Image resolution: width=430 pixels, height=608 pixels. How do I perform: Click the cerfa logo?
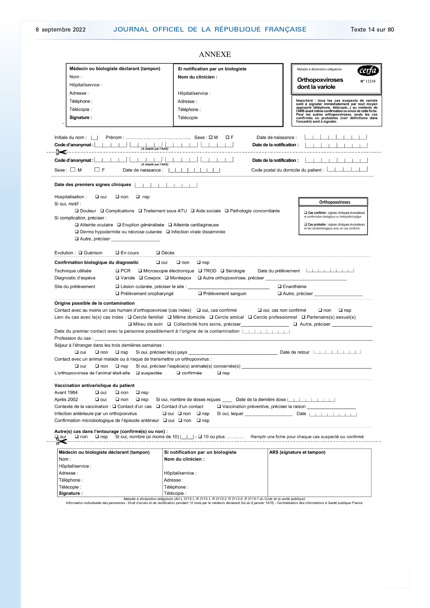pyautogui.click(x=368, y=71)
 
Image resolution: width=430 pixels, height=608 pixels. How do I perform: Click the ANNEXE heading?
pyautogui.click(x=215, y=54)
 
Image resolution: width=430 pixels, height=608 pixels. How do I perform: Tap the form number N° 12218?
pyautogui.click(x=368, y=81)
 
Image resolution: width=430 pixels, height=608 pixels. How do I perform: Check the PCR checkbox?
pyautogui.click(x=117, y=271)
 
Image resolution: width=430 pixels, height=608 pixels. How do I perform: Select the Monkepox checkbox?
pyautogui.click(x=167, y=278)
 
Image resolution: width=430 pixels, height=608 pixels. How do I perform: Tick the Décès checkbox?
pyautogui.click(x=158, y=253)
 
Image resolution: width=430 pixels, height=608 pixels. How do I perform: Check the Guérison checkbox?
pyautogui.click(x=80, y=253)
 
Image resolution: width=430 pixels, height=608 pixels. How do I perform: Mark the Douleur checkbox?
pyautogui.click(x=77, y=211)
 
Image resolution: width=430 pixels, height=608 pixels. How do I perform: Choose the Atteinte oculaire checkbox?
pyautogui.click(x=77, y=225)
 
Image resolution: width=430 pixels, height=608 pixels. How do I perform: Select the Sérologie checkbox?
pyautogui.click(x=222, y=271)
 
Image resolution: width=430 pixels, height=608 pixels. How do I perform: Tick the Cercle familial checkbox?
pyautogui.click(x=130, y=317)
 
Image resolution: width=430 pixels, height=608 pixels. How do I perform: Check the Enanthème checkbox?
pyautogui.click(x=280, y=287)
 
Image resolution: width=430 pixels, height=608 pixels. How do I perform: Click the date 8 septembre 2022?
pyautogui.click(x=61, y=30)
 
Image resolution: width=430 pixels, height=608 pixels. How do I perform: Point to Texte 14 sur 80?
pyautogui.click(x=372, y=30)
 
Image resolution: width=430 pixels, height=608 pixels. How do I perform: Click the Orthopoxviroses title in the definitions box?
pyautogui.click(x=334, y=202)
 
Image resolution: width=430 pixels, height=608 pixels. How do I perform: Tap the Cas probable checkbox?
pyautogui.click(x=306, y=225)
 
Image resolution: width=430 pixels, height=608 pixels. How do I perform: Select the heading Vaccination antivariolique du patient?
pyautogui.click(x=94, y=385)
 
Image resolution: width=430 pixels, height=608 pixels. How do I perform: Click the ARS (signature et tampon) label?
pyautogui.click(x=297, y=452)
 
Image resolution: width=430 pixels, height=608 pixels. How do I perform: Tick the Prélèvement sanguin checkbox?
pyautogui.click(x=200, y=294)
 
